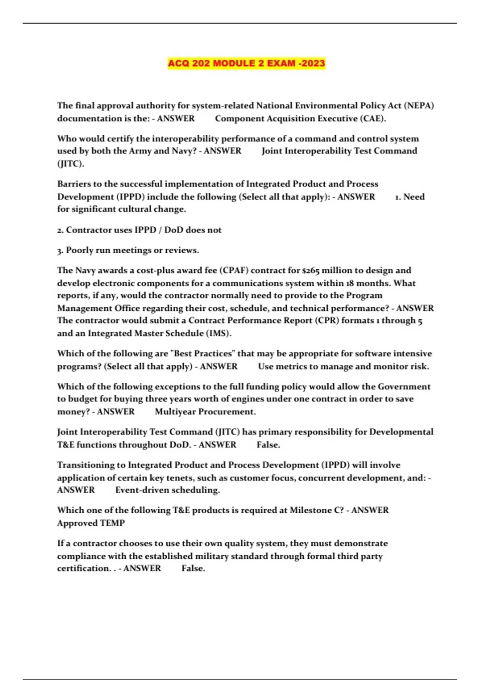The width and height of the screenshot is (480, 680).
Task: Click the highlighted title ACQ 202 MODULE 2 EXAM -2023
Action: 246,63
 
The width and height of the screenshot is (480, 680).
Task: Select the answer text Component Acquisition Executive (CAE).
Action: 300,118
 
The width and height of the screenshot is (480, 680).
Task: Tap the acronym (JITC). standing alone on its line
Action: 70,164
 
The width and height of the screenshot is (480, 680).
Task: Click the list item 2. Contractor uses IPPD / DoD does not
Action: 139,230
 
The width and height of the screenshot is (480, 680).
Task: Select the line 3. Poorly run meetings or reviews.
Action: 128,250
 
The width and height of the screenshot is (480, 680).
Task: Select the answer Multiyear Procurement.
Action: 205,412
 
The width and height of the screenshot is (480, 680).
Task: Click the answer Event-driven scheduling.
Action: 168,490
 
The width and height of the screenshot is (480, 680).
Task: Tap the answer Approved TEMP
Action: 91,523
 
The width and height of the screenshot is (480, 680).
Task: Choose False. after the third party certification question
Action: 193,568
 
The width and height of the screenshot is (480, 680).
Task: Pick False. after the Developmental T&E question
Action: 268,445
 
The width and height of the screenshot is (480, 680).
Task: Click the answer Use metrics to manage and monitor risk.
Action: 343,366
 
